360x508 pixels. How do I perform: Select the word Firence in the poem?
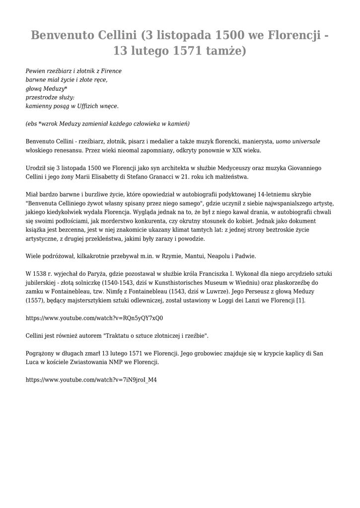(x=112, y=71)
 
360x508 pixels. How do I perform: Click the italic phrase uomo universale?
(x=298, y=141)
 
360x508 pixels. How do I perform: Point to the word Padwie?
(x=245, y=256)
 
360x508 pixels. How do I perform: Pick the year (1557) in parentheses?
(x=35, y=301)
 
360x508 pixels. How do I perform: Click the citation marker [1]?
(x=301, y=301)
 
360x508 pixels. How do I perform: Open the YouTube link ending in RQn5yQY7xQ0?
(x=94, y=318)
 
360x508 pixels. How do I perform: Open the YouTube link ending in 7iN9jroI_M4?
(x=91, y=380)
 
